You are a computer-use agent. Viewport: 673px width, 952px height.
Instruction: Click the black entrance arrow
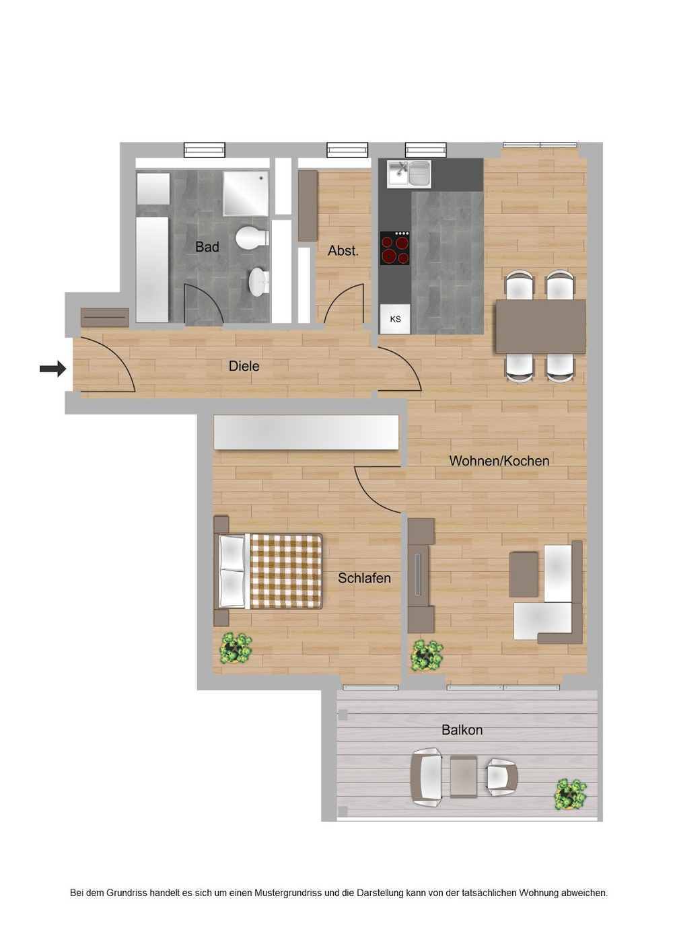point(52,368)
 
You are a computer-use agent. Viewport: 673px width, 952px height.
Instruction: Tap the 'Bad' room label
point(207,247)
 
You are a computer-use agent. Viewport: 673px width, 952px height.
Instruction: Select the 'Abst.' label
point(343,250)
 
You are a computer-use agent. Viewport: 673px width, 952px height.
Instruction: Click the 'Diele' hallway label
point(244,366)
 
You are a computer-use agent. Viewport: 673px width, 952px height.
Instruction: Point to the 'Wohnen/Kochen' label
point(499,461)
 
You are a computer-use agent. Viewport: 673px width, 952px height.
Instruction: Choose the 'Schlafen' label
point(364,578)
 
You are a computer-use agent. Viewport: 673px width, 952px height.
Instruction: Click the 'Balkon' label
point(462,730)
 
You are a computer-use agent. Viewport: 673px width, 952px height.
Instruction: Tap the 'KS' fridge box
point(395,319)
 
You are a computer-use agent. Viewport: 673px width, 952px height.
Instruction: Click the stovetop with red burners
point(395,248)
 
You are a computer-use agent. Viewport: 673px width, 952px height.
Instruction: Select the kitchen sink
point(409,173)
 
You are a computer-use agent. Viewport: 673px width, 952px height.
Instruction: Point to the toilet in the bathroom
point(251,237)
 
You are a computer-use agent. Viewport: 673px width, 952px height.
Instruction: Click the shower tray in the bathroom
point(246,193)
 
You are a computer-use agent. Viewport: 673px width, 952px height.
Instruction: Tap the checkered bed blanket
point(285,571)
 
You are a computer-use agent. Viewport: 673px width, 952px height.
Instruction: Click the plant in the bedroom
point(236,648)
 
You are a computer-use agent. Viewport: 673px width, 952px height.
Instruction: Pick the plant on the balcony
point(570,795)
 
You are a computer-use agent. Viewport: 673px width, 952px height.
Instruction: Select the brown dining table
point(540,326)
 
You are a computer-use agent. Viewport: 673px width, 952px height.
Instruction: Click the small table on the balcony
point(463,776)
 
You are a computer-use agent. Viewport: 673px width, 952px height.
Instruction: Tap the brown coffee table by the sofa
point(524,574)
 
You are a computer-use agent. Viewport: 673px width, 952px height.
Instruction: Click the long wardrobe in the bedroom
point(306,432)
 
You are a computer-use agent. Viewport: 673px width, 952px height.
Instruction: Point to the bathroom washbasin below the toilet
point(258,282)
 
